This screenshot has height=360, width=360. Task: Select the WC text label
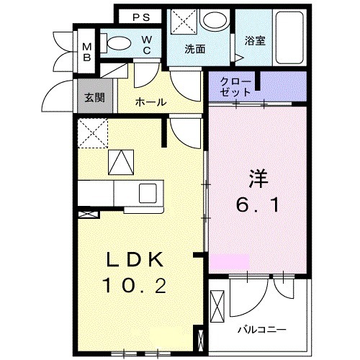coord(146,45)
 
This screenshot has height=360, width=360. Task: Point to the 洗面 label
coord(194,50)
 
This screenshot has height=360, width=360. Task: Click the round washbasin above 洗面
coord(214,22)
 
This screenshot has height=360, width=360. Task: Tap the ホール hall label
coord(150,102)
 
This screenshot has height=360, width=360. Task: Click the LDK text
coord(136,260)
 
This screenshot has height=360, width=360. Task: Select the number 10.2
coord(136,287)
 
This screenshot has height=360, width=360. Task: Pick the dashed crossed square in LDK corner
coord(92,132)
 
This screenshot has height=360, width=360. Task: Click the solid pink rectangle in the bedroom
coord(229,261)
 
